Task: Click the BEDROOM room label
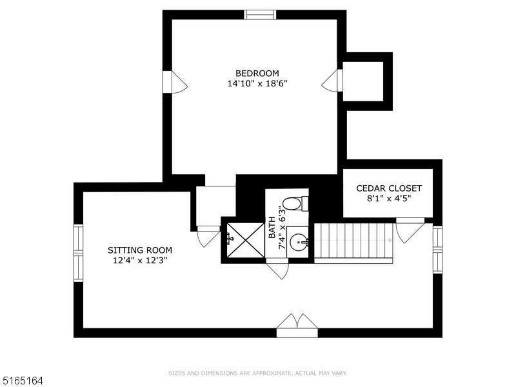click(257, 73)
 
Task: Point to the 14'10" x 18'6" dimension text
click(257, 84)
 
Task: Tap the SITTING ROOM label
click(140, 250)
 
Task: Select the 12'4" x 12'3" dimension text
click(140, 261)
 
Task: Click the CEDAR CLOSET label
click(389, 188)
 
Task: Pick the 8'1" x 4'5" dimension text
click(389, 199)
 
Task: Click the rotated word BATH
click(272, 227)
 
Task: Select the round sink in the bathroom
click(298, 243)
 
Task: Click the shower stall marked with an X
click(243, 240)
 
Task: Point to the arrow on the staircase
click(390, 241)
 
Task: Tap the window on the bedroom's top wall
click(260, 15)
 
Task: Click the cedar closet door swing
click(410, 231)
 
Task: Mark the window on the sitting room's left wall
click(78, 253)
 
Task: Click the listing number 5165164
click(23, 381)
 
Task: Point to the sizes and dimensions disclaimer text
click(258, 373)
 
